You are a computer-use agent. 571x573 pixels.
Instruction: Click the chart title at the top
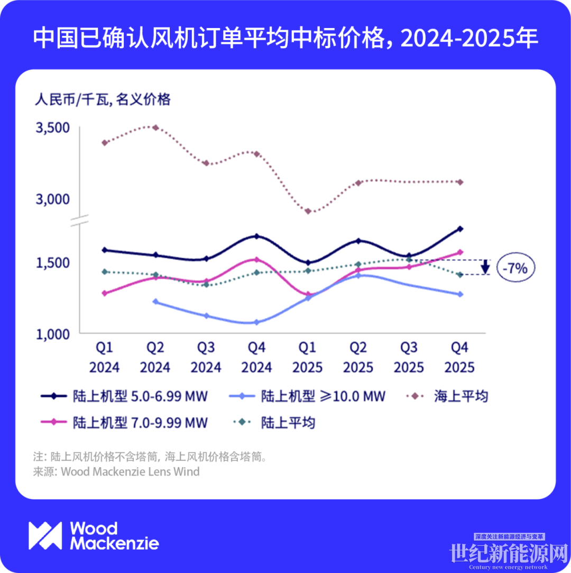285,39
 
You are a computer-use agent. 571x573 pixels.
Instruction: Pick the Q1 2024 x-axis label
104,357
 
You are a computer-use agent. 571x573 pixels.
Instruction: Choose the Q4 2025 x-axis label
459,357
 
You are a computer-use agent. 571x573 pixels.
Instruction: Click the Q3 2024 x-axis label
206,357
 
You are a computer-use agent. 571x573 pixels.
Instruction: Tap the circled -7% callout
515,268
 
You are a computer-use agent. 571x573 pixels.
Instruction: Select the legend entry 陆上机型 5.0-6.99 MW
125,396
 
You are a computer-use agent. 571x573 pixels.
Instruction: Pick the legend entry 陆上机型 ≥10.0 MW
308,396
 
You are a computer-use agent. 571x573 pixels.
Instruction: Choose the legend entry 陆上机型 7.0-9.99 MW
125,423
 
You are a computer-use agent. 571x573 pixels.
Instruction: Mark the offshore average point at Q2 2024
155,128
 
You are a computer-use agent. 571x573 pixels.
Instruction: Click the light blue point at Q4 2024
256,322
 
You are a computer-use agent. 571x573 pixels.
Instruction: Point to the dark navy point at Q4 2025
460,229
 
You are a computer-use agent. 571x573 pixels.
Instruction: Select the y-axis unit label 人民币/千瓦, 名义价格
103,99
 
